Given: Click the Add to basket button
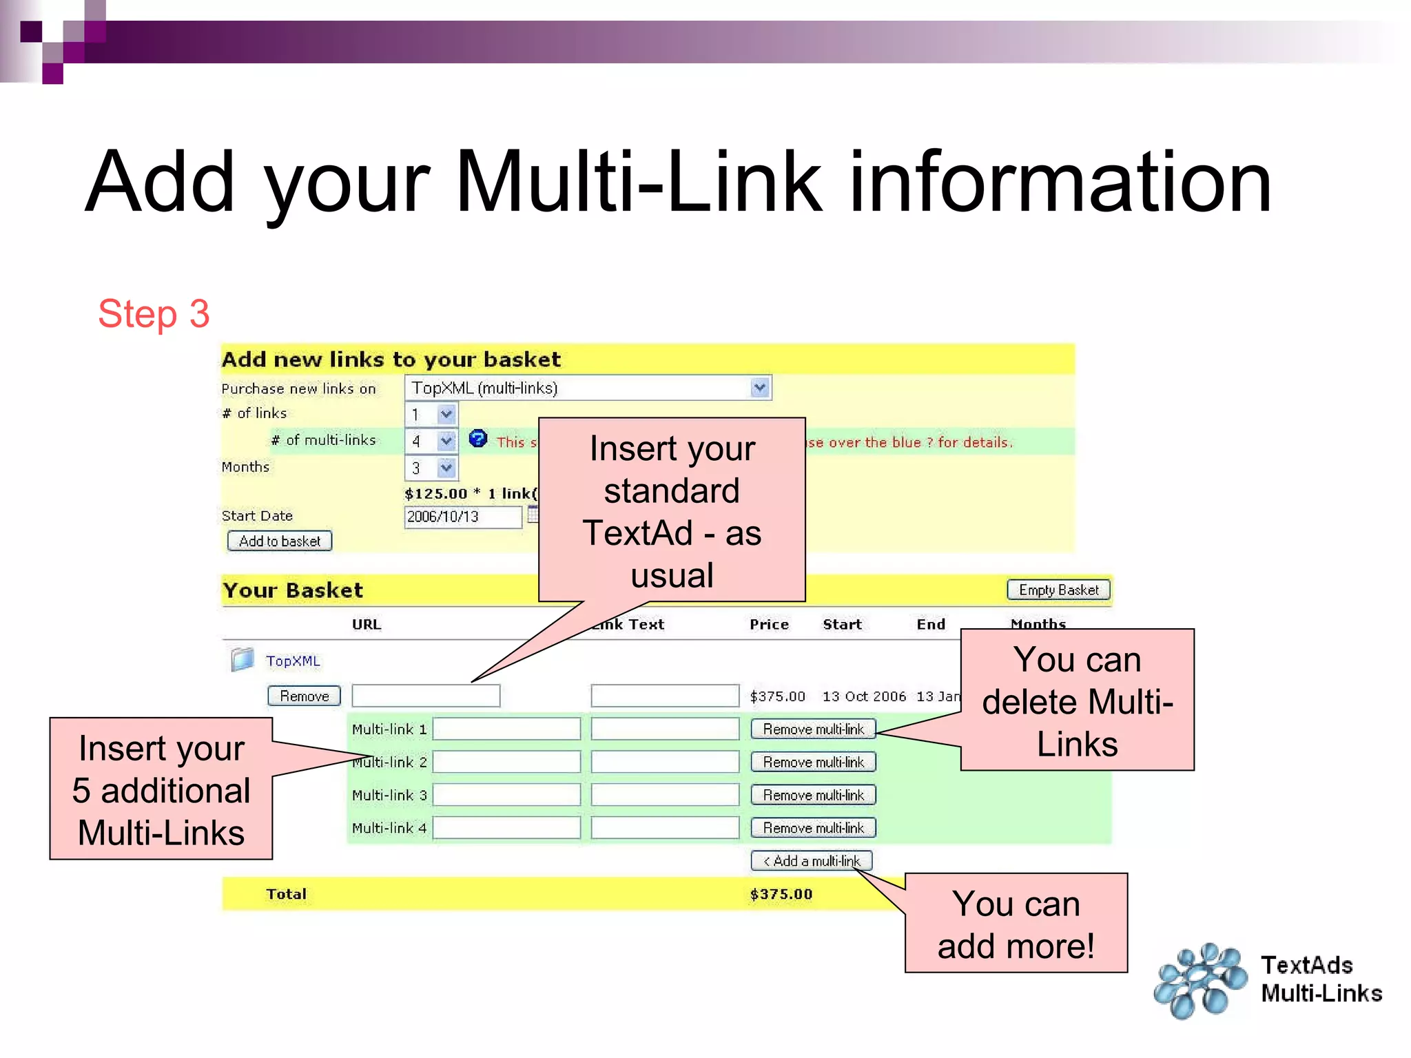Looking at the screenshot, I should [280, 541].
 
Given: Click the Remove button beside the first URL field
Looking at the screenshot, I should [304, 696].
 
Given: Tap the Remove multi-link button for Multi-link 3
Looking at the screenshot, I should [813, 795].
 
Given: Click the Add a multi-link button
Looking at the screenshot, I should [812, 861].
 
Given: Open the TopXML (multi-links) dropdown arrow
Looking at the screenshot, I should [759, 388].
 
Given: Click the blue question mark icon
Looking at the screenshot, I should [477, 439].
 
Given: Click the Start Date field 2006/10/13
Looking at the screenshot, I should [462, 517].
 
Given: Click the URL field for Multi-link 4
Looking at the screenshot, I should [506, 828].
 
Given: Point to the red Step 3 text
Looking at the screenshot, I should [154, 314].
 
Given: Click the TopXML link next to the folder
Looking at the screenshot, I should [293, 661].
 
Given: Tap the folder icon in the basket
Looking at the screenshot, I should [242, 660].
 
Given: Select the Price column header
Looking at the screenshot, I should [769, 625].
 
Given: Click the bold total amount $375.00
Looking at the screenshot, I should [781, 894].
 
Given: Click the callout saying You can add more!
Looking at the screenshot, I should [1016, 924].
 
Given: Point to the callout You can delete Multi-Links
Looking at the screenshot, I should [1077, 701].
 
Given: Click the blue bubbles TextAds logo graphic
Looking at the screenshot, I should [1200, 981].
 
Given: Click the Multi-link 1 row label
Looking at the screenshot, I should [389, 729].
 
